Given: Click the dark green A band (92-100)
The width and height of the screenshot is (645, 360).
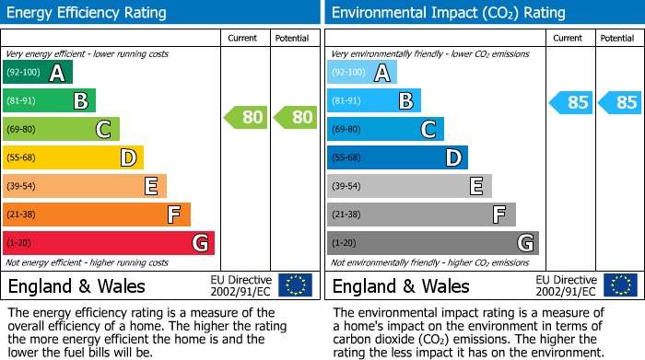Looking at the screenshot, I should [38, 73].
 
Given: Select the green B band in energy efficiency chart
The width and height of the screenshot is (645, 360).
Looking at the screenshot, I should [50, 101].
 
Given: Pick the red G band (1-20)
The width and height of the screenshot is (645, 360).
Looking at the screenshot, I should [109, 243].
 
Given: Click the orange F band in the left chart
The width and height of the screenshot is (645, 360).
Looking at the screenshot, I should [97, 215].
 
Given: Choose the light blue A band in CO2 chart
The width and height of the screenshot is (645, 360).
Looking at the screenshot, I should [362, 73].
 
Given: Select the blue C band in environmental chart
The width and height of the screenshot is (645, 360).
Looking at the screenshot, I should [385, 130].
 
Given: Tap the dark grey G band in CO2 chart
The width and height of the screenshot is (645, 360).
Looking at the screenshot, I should [432, 243].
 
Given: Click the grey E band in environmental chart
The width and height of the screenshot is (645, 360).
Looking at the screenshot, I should [409, 186].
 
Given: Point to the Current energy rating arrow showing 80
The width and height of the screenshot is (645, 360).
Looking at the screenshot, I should [246, 117].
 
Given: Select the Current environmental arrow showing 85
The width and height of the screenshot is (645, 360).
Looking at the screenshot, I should [571, 102].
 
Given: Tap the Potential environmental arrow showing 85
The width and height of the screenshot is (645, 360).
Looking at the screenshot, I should [620, 102].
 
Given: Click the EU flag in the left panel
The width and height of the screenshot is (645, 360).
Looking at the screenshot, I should [295, 285].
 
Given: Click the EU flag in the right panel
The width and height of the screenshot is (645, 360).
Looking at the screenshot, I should [619, 285].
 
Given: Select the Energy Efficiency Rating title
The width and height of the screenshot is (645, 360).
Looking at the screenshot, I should [88, 13].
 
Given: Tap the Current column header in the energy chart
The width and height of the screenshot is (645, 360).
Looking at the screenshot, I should [244, 39].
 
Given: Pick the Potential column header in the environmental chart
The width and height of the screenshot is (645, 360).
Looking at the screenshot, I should [617, 39].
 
